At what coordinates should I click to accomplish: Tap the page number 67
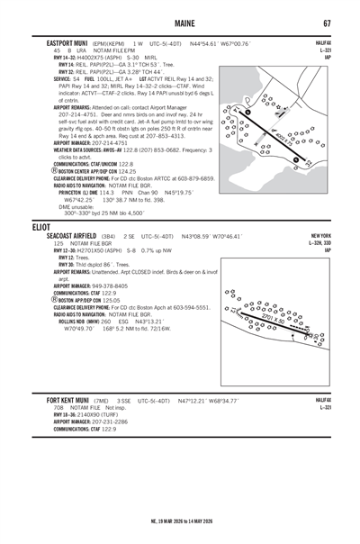pos(328,23)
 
